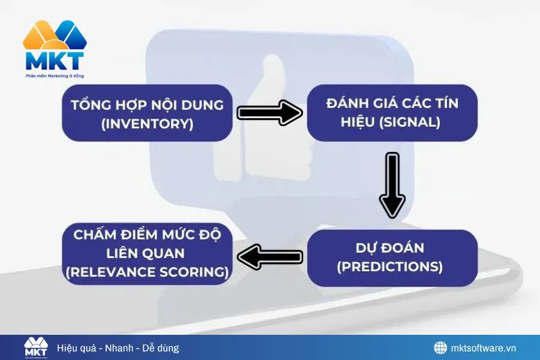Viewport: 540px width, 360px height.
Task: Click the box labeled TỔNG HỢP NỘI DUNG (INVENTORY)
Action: (147, 113)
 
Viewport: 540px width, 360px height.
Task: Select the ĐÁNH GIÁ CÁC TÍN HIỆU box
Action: (392, 113)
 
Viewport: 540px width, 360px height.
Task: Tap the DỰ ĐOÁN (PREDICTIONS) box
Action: (392, 257)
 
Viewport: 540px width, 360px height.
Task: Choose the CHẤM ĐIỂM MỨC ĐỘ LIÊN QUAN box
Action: (147, 253)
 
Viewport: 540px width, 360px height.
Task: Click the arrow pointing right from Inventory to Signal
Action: (269, 113)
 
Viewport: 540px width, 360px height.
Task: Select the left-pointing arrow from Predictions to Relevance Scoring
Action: (269, 257)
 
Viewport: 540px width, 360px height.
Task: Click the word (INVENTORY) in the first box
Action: (147, 124)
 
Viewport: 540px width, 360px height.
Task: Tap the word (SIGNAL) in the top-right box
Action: (412, 122)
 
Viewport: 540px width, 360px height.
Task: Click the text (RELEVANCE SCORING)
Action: (147, 272)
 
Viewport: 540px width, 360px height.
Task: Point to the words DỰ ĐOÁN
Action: (390, 248)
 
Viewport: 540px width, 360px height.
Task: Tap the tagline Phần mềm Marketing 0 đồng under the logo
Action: (55, 76)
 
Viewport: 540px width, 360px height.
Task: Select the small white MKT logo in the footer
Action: (36, 347)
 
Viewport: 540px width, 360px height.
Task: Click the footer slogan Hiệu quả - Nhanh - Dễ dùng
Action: (118, 348)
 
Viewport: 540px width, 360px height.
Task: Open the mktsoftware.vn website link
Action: (484, 348)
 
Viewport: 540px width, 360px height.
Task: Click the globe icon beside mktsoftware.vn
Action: (441, 348)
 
